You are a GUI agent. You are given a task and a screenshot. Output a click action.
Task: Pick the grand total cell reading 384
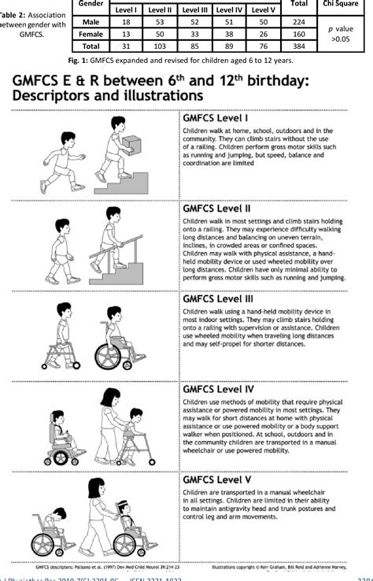click(x=297, y=46)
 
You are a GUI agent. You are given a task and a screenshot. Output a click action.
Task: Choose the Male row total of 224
click(x=297, y=23)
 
